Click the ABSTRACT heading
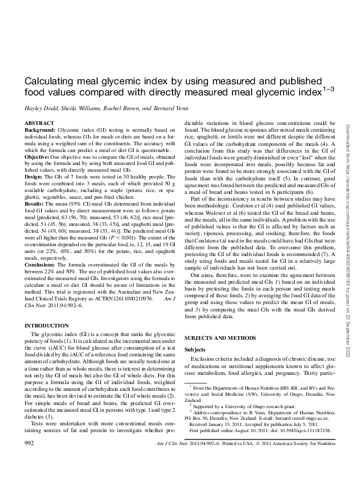click(x=38, y=123)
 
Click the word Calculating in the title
click(x=52, y=82)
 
